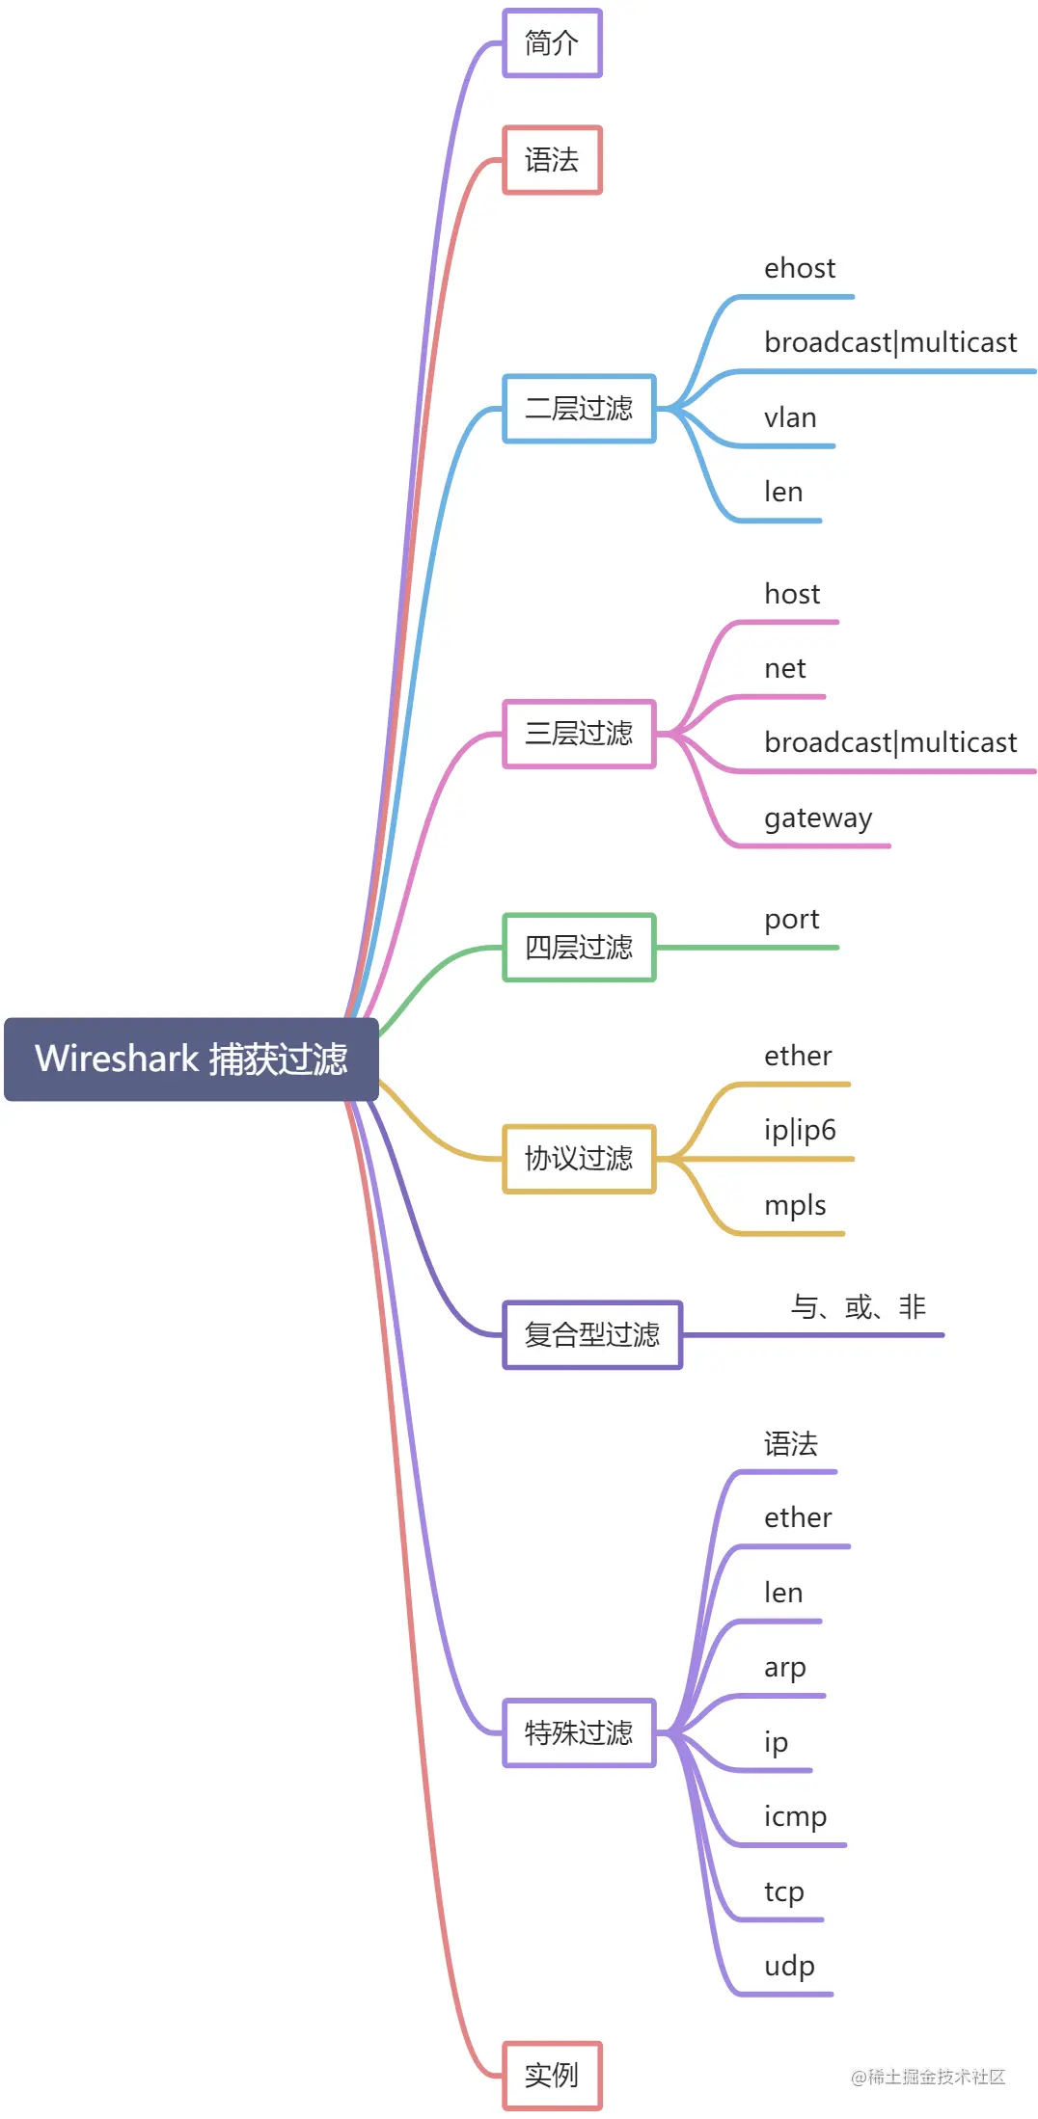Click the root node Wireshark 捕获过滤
coord(191,1059)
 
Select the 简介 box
coord(552,43)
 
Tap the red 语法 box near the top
coord(552,160)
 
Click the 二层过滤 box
coord(579,409)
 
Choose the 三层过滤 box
coord(579,734)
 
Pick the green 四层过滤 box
coord(579,948)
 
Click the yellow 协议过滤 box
coord(579,1159)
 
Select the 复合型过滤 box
coord(592,1335)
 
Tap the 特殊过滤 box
coord(579,1733)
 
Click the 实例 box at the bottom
coord(552,2076)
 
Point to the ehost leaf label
coord(800,268)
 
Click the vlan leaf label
coord(790,417)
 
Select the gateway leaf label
coord(818,818)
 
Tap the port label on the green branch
coord(791,920)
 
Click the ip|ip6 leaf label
coord(800,1130)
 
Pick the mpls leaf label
coord(795,1205)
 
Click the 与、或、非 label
coord(858,1307)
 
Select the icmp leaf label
coord(795,1816)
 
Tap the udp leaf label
coord(789,1966)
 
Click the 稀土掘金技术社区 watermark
coord(928,2077)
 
